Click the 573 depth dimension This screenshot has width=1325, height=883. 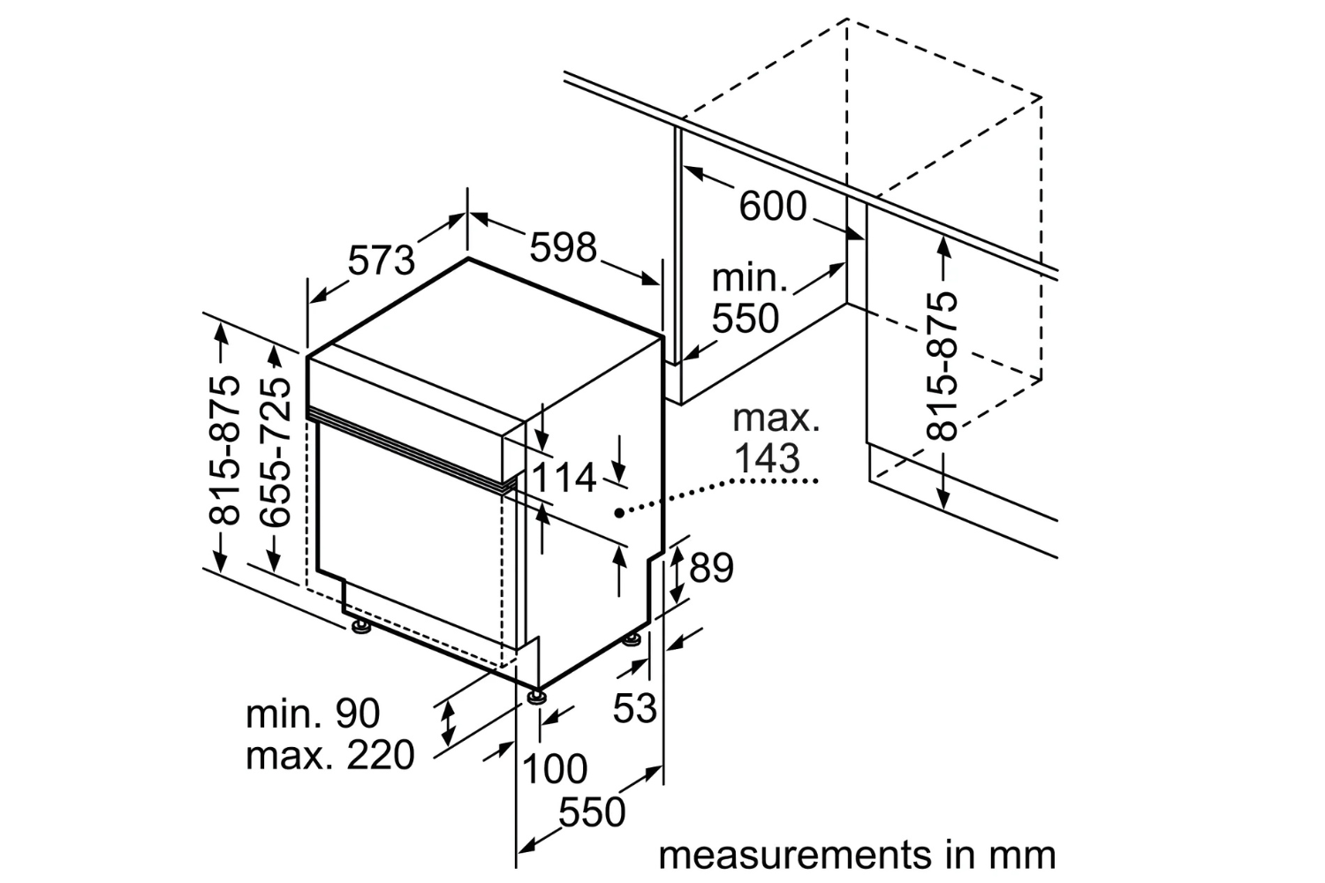click(381, 260)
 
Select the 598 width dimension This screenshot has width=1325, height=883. click(563, 247)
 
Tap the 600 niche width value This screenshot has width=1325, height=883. click(773, 207)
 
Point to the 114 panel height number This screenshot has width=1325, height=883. click(564, 479)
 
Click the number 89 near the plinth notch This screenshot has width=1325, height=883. click(711, 569)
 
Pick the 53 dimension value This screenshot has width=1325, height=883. click(635, 707)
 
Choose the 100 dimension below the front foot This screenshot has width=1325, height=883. click(555, 769)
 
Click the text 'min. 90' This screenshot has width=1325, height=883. click(313, 713)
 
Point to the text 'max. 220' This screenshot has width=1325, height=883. click(329, 755)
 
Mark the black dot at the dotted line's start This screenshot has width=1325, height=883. click(619, 511)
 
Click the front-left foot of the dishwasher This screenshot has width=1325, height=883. click(360, 628)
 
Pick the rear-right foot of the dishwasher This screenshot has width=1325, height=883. click(632, 638)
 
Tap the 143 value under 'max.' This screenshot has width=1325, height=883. click(767, 457)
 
